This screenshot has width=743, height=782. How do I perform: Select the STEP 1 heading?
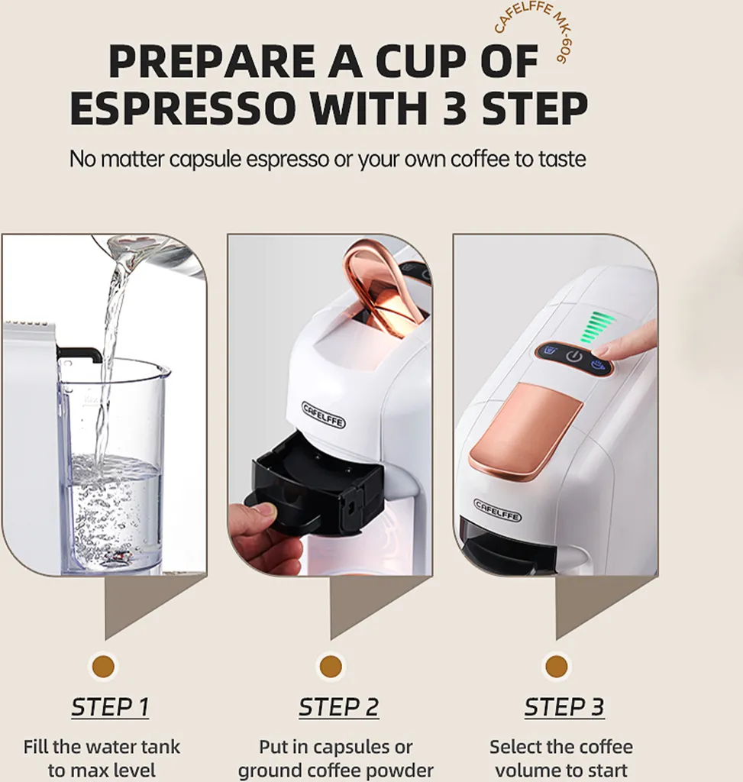coord(110,707)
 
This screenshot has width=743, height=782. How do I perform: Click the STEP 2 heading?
coord(338,707)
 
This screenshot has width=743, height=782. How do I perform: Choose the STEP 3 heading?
coord(564,707)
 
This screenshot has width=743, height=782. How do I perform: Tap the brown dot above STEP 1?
coord(103,666)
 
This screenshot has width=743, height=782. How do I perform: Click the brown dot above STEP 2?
coord(331,666)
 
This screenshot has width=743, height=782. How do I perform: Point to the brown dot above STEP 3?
coord(557,666)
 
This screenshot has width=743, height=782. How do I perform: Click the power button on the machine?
coord(575,357)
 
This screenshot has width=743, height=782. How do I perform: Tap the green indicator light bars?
coord(596,327)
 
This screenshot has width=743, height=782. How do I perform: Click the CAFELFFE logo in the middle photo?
coord(324,415)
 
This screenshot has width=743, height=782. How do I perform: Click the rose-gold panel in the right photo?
coord(525,431)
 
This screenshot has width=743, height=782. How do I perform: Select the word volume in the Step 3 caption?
coord(533,770)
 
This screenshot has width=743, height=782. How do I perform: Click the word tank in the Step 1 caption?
coord(161,747)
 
